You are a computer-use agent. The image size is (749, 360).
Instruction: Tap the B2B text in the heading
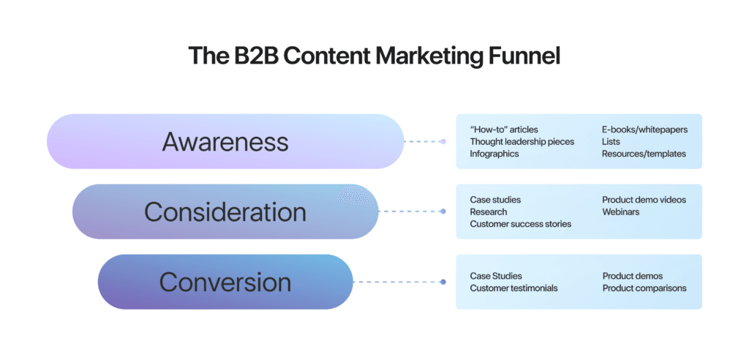click(x=255, y=56)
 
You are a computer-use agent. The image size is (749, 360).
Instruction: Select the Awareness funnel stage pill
click(x=225, y=141)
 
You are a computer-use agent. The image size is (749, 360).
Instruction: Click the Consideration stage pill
click(x=225, y=211)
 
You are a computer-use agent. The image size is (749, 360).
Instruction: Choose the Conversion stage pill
click(x=225, y=282)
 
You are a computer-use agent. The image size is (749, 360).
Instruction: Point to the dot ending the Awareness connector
click(x=443, y=141)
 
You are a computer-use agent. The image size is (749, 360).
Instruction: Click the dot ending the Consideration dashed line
click(x=443, y=211)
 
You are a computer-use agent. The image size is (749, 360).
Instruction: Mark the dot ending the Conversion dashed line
click(x=443, y=282)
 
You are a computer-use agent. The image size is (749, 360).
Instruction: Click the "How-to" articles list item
click(x=504, y=130)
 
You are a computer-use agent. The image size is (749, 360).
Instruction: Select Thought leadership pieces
click(x=522, y=141)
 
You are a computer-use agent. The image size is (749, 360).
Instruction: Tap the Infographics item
click(x=494, y=154)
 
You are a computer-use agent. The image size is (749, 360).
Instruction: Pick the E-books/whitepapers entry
click(x=644, y=130)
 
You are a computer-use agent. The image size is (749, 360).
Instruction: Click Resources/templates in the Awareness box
click(x=644, y=154)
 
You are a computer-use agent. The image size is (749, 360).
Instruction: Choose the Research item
click(x=489, y=211)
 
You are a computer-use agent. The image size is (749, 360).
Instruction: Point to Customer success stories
click(x=520, y=224)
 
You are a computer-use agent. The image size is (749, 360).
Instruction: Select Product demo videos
click(x=644, y=200)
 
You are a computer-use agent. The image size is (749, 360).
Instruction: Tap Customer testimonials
click(x=513, y=288)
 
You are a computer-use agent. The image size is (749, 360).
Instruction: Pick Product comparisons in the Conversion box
click(x=644, y=288)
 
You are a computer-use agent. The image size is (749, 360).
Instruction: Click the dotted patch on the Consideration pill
click(x=357, y=196)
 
